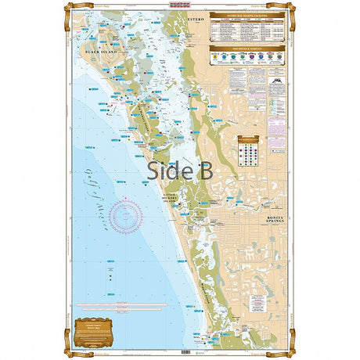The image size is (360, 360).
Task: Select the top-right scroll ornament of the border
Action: point(289,9)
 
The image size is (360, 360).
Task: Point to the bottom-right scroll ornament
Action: point(289,350)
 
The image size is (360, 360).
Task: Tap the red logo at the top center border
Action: point(180,5)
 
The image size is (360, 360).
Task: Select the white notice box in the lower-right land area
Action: point(275,333)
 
